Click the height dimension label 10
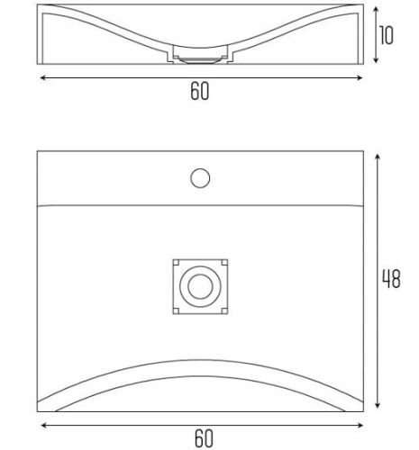[386, 35]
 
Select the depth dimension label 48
[391, 279]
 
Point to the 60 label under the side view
[200, 91]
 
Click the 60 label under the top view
[204, 438]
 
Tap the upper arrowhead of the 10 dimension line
[376, 9]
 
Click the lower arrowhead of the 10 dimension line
[376, 60]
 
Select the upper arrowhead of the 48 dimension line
[378, 157]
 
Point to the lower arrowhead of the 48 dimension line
[378, 405]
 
